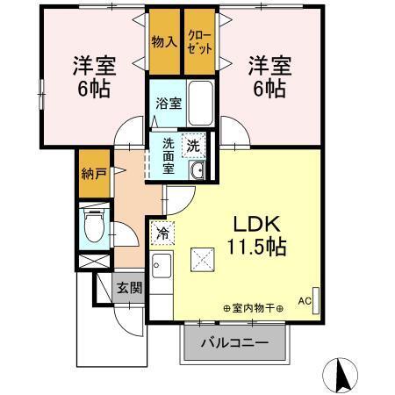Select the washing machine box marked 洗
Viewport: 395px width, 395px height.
click(x=192, y=144)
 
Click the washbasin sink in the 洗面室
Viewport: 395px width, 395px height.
click(x=197, y=170)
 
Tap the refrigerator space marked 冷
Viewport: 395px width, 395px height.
click(x=162, y=234)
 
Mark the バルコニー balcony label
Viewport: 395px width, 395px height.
click(x=234, y=342)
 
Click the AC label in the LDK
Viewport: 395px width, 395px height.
click(x=305, y=300)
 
